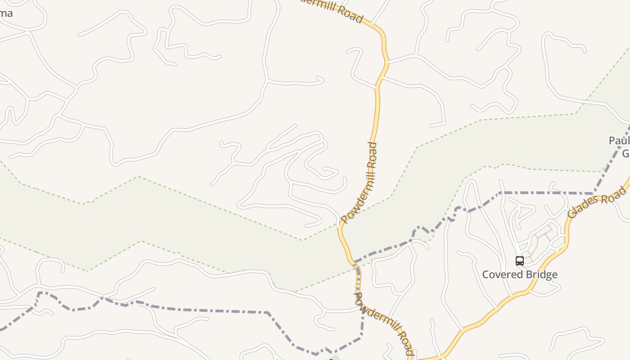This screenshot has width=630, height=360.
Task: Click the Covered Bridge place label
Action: click(x=520, y=274)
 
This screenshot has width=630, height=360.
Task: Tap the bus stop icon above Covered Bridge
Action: click(x=520, y=261)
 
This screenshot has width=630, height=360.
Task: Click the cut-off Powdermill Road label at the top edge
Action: click(x=333, y=9)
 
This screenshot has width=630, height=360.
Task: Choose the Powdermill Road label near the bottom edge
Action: click(x=383, y=324)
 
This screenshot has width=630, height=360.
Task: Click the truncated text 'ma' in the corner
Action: click(x=6, y=13)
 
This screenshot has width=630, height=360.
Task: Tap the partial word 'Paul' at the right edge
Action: click(x=619, y=141)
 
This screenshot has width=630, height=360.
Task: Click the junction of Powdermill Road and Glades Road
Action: click(x=412, y=359)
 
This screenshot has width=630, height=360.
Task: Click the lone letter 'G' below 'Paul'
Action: click(x=625, y=154)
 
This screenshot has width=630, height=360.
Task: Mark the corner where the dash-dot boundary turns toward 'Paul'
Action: click(x=594, y=193)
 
